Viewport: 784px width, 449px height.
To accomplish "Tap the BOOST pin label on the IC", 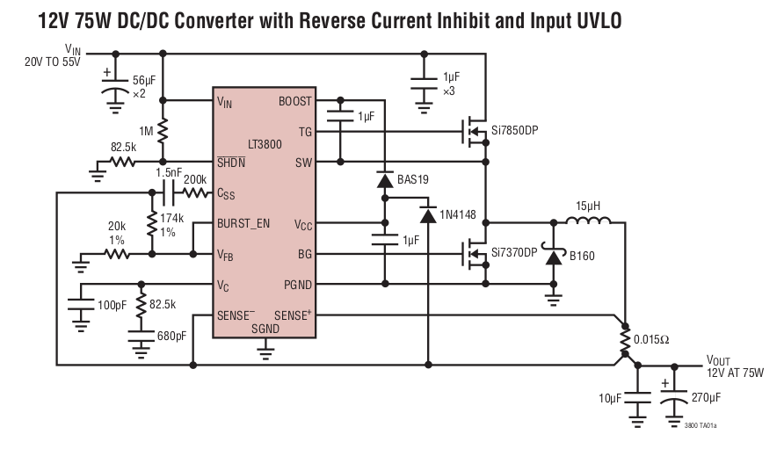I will [x=294, y=101].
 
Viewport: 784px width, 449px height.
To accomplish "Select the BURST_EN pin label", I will [x=243, y=224].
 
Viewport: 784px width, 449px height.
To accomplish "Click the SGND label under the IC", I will [x=265, y=329].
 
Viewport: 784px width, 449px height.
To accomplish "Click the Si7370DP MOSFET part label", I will [x=514, y=253].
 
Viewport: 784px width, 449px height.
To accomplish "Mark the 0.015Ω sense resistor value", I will [x=651, y=339].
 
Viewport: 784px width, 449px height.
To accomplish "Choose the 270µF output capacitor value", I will [x=706, y=398].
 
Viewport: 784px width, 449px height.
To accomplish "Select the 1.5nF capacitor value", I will [x=169, y=172].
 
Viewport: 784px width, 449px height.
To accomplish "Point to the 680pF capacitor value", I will [x=171, y=335].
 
